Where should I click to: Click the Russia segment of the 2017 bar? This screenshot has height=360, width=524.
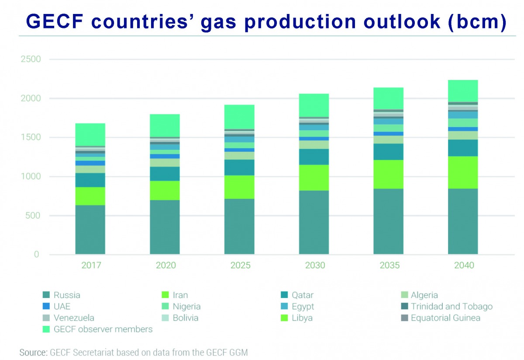pos(90,229)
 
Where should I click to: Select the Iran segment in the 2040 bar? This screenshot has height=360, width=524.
pos(463,172)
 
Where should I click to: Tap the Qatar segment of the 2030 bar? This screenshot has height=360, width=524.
pos(314,156)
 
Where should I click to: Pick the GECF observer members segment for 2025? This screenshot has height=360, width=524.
pos(239,117)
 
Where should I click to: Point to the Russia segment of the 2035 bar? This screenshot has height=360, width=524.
pos(388,221)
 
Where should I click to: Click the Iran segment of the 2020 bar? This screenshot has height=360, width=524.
pos(165,190)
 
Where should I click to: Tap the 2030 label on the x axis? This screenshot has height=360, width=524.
pos(314,265)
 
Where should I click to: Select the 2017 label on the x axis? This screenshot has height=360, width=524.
pos(90,265)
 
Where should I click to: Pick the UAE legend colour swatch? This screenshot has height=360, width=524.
pos(45,306)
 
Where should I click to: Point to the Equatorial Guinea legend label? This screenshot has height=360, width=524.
pos(445,318)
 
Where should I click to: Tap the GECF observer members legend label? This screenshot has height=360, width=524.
pos(103,329)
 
